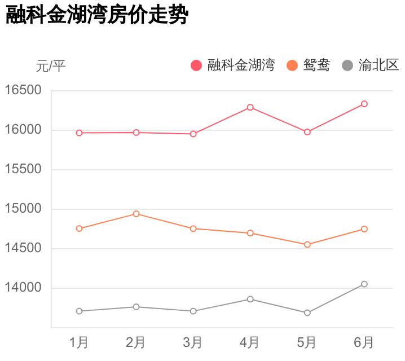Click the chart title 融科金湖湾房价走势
click(96, 15)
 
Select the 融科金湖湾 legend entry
click(233, 65)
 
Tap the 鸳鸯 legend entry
click(308, 65)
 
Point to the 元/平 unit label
click(51, 66)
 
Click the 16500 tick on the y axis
click(23, 90)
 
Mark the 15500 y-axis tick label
click(23, 169)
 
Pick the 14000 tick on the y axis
click(23, 288)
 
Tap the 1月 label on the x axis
click(79, 342)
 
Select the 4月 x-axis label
click(250, 342)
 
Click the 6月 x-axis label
click(364, 342)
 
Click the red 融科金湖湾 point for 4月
click(250, 107)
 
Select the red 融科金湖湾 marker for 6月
click(364, 104)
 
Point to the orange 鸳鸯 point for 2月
click(136, 214)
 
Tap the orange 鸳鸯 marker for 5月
click(307, 245)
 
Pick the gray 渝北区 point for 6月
click(364, 284)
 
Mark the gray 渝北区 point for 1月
click(79, 311)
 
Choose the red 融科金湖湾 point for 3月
click(193, 134)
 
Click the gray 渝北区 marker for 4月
click(250, 299)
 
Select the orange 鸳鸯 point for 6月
click(364, 229)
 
